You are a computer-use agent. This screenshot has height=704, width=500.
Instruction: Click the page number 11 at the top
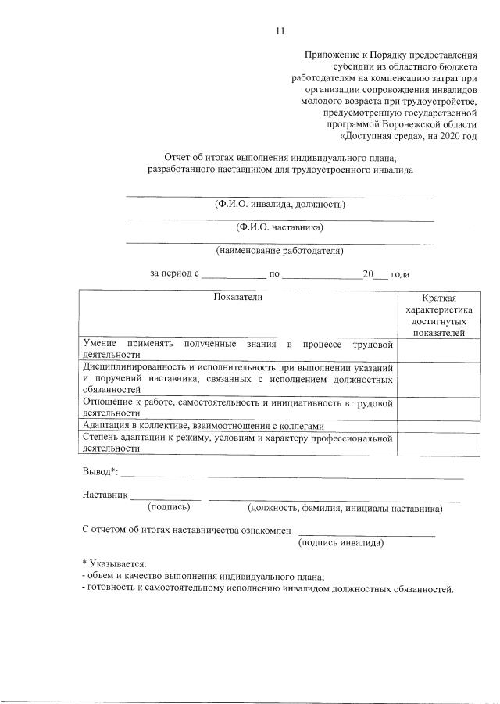[x=280, y=30]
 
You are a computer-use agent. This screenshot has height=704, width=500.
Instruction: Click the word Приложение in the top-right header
[x=330, y=55]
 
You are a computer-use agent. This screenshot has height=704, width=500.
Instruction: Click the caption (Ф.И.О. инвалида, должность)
[x=280, y=205]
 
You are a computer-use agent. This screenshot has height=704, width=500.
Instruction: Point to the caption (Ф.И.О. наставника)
[x=280, y=228]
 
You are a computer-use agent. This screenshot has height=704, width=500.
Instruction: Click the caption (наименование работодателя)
[x=280, y=251]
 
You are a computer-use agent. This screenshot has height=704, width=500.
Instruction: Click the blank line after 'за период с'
[x=234, y=275]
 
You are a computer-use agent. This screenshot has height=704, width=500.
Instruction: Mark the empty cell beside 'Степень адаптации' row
[x=439, y=443]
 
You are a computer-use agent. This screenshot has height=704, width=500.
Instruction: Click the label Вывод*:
[x=99, y=472]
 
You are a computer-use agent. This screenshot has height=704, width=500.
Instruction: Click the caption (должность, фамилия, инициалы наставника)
[x=345, y=508]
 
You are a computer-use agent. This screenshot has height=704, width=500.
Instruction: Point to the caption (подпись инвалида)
[x=341, y=542]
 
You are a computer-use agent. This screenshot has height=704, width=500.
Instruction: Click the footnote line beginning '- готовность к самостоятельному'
[x=267, y=588]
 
